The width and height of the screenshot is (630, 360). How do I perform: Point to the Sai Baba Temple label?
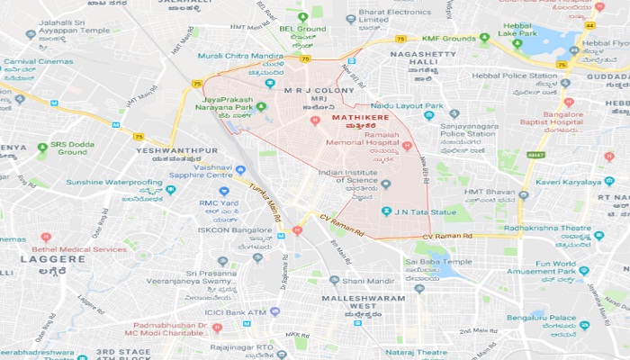438,262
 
